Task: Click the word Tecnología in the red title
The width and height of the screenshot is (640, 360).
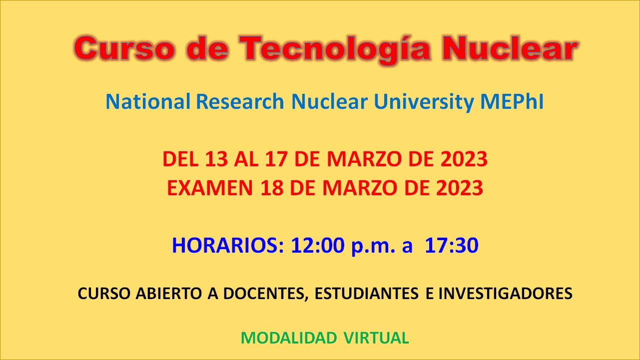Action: point(335,49)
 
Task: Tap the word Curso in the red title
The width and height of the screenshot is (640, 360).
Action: point(124,48)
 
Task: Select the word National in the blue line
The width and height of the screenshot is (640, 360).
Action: point(148,101)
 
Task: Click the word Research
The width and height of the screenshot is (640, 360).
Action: point(240,101)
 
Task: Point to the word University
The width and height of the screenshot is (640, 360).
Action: point(424,102)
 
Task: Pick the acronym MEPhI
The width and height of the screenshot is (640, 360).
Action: point(512,101)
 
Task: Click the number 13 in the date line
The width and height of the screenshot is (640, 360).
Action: point(216,159)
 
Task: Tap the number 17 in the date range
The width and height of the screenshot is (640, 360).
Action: point(276,159)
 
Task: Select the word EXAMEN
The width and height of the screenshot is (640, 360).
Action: point(210,188)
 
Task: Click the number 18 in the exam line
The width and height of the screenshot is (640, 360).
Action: point(272,188)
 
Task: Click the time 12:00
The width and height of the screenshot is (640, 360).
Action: point(318,245)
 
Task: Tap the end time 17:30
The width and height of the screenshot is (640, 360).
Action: point(452,245)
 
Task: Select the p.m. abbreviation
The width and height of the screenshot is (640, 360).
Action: point(373,247)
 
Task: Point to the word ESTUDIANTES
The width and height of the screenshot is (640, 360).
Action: point(367,294)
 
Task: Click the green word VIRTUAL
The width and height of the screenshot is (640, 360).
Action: point(376,338)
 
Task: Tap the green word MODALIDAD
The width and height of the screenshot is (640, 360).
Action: point(289,338)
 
